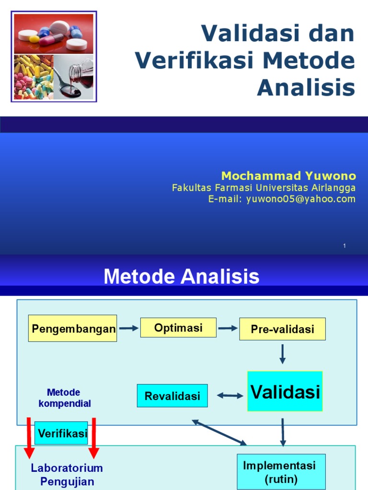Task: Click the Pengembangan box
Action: coord(72,328)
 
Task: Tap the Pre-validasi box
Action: coord(282,329)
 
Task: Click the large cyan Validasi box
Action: coord(285,391)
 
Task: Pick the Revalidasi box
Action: coord(172,396)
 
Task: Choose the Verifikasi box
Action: coord(61,433)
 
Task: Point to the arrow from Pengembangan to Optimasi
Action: coord(128,328)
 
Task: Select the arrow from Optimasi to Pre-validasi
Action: coord(228,328)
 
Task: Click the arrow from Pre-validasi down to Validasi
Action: coord(282,354)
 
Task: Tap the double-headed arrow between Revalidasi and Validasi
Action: coord(230,396)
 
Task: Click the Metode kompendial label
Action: coord(64,398)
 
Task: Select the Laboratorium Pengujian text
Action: coord(67,474)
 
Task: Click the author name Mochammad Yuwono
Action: coord(288,176)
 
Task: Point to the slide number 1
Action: coord(344,245)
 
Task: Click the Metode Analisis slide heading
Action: coord(182,277)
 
